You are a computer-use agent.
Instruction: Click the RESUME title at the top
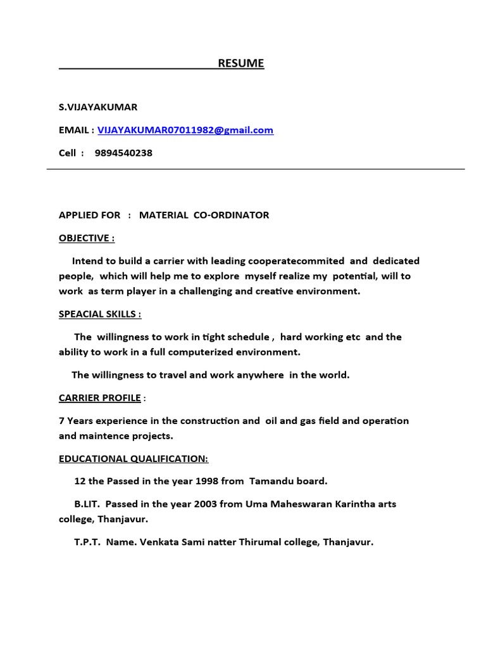[x=241, y=63]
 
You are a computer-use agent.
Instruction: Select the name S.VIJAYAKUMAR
[x=98, y=107]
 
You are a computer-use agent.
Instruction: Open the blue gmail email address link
[x=185, y=130]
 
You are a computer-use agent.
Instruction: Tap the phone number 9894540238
[x=123, y=153]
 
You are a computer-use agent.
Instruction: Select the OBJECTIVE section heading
[x=87, y=238]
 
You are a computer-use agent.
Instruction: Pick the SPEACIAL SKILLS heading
[x=100, y=314]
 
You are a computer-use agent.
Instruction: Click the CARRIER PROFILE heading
[x=100, y=397]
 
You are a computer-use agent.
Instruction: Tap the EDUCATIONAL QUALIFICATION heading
[x=134, y=458]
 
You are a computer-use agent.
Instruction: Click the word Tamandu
[x=271, y=481]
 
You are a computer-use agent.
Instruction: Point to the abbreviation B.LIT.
[x=87, y=504]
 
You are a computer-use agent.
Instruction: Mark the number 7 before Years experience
[x=61, y=420]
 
